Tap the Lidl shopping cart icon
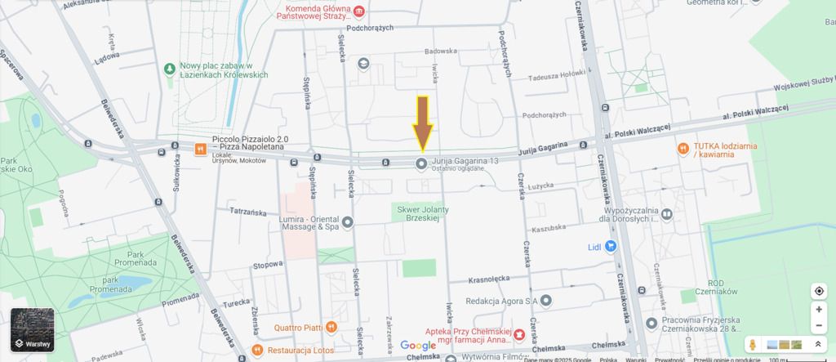(610, 246)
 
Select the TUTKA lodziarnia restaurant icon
(682, 148)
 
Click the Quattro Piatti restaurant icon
(331, 327)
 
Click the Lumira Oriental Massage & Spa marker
(347, 221)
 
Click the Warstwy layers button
(33, 330)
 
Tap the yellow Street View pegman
(753, 346)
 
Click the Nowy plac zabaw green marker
(169, 68)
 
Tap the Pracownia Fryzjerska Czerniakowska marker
(651, 324)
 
